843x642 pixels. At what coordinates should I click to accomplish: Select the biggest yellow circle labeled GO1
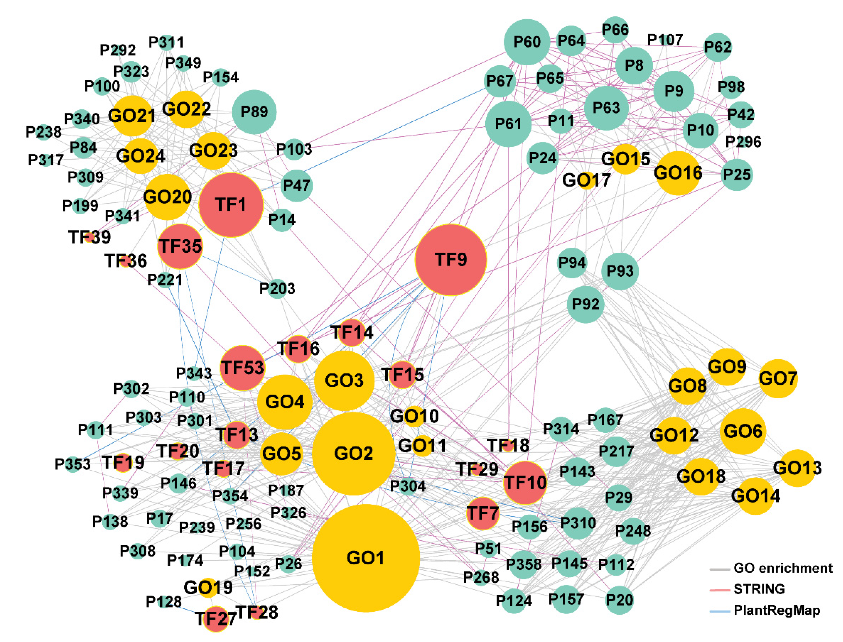[x=366, y=558]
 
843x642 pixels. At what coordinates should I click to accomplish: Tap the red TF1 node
[x=231, y=205]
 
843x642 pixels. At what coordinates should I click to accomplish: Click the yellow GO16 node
[x=678, y=173]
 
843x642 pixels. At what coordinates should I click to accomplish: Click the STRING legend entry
[x=759, y=589]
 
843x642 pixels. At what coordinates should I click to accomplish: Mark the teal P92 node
[x=585, y=304]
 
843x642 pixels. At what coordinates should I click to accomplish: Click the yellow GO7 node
[x=778, y=379]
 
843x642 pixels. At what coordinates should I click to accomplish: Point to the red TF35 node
[x=180, y=246]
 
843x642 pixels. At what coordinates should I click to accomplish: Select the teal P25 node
[x=737, y=175]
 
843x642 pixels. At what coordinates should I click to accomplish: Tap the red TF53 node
[x=242, y=368]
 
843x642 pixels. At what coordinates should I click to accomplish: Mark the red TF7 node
[x=483, y=513]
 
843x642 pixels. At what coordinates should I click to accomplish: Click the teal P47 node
[x=296, y=186]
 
